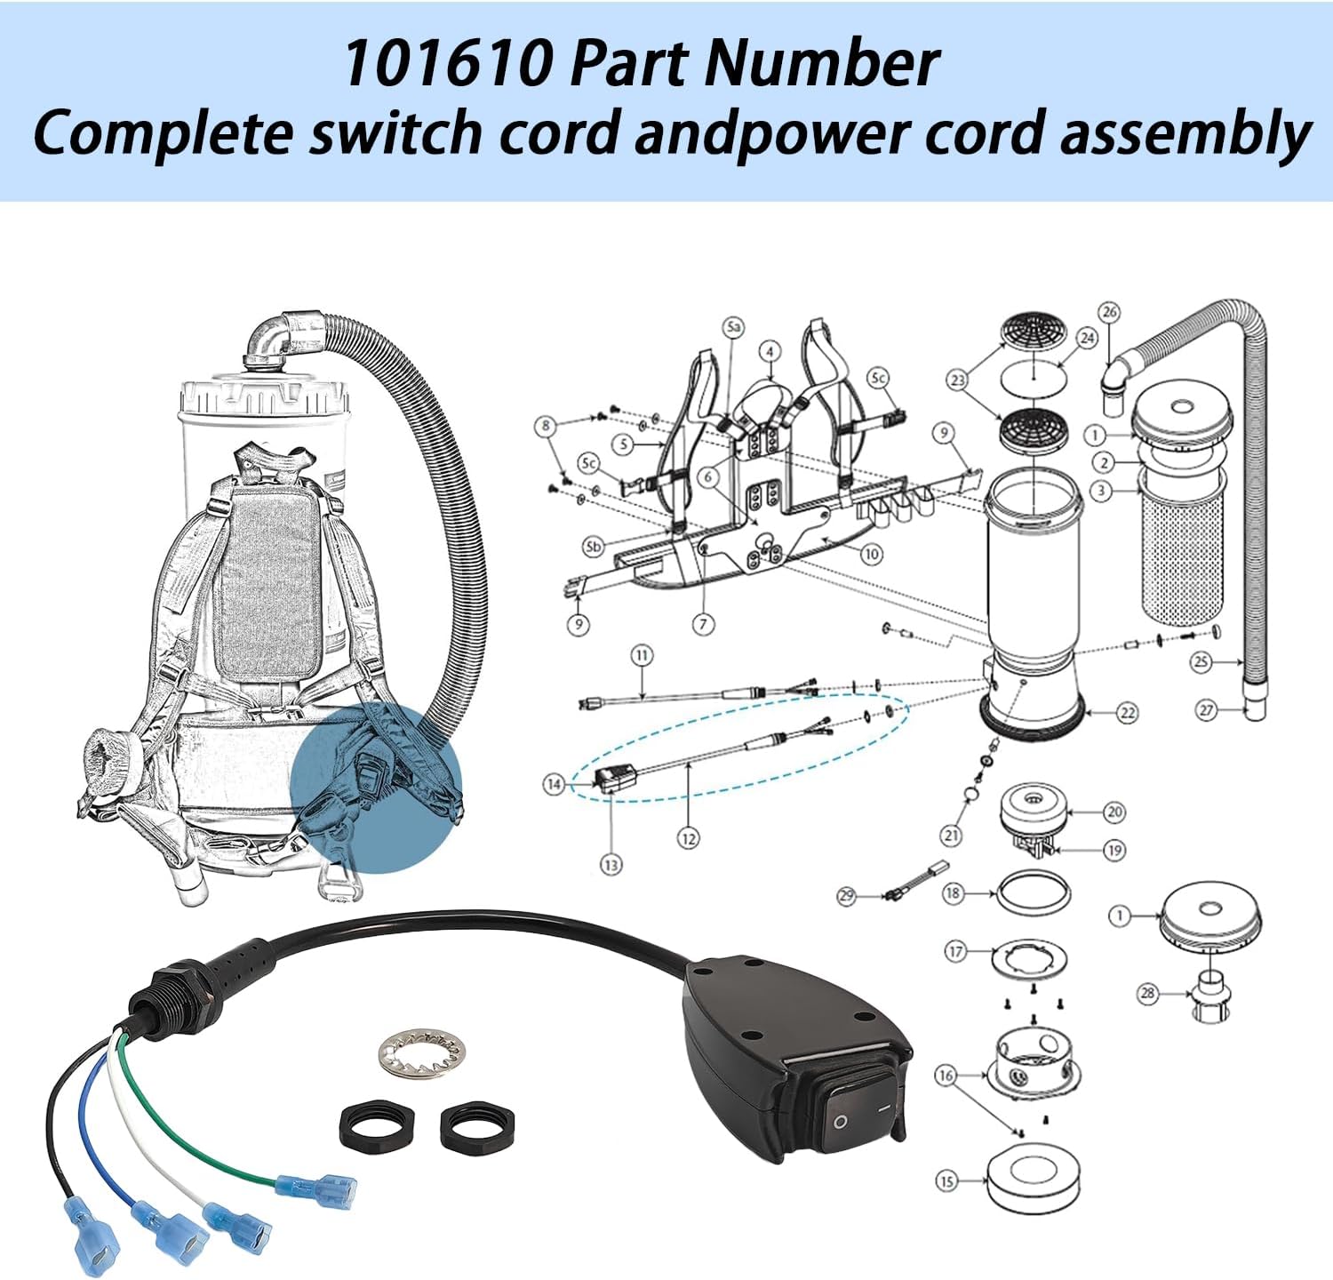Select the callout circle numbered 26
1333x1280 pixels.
pos(1108,313)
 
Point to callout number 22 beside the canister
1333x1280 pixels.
pos(1127,713)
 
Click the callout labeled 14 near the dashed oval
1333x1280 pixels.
pos(555,784)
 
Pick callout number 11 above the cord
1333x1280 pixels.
pos(642,656)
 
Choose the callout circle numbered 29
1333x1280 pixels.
pos(846,895)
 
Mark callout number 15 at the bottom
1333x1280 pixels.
pos(946,1181)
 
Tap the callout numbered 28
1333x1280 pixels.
pos(1147,993)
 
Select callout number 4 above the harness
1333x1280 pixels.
pos(770,351)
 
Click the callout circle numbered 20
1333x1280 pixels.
pos(1114,812)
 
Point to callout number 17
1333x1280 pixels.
pos(955,952)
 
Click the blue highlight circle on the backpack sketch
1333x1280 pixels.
pos(376,787)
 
